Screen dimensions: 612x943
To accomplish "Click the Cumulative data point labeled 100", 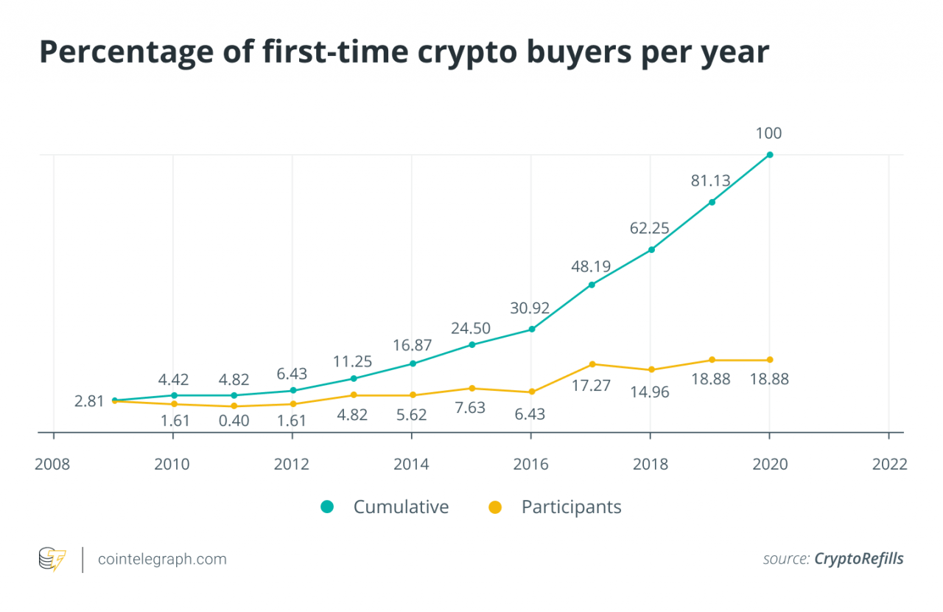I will (770, 155).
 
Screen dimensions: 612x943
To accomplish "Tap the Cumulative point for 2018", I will (651, 249).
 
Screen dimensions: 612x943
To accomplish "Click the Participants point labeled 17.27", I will (592, 364).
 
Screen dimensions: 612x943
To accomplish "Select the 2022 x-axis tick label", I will (889, 464).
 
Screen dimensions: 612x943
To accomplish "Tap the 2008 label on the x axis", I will (53, 464).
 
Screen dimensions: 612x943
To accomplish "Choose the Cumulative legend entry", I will (401, 507).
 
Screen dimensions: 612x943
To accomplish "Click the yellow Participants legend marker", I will (495, 507).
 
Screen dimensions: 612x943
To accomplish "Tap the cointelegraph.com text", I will (163, 559).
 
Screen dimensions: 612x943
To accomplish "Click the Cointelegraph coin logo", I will (52, 559).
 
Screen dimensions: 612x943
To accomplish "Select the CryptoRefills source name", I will (858, 559).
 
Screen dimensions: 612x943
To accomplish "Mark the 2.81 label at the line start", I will (89, 402).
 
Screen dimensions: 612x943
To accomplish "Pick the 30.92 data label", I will (530, 308).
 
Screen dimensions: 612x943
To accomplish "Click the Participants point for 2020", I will (770, 360).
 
